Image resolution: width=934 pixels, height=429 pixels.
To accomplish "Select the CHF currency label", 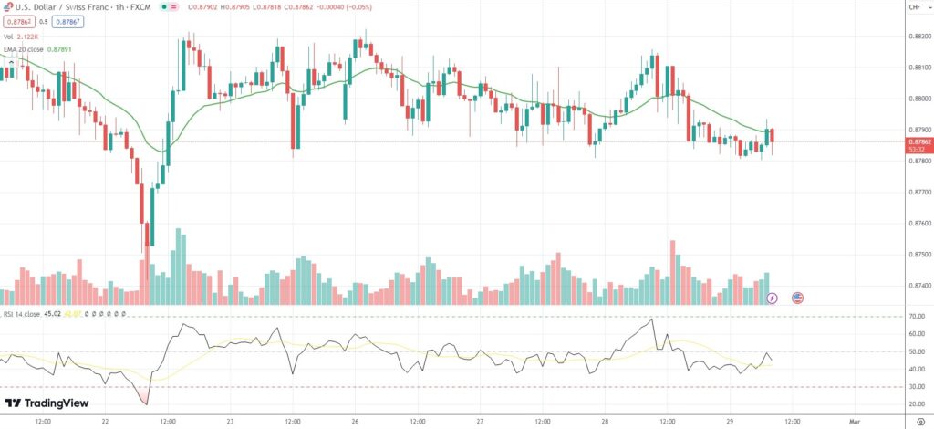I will (x=914, y=8).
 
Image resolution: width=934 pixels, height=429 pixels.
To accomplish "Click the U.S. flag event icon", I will (x=797, y=298).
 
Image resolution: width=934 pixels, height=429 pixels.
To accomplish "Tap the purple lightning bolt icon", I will (x=773, y=298).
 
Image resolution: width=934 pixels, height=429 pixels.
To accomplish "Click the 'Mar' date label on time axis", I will (x=855, y=423).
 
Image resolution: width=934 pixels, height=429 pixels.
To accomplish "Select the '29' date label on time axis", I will (x=730, y=423).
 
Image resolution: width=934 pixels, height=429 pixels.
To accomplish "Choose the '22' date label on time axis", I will (x=106, y=423).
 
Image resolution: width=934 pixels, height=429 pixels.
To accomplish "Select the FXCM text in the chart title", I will (x=140, y=7).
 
